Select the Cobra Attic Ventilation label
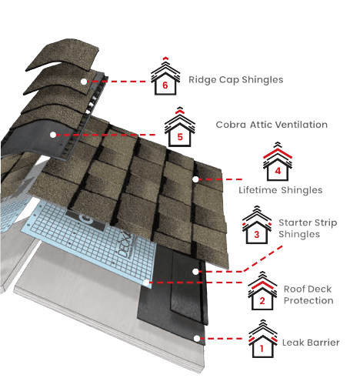click(261, 124)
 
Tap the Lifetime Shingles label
click(269, 189)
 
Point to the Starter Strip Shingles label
click(299, 229)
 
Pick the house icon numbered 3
click(256, 229)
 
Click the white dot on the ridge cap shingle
click(84, 79)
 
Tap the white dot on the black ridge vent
click(53, 134)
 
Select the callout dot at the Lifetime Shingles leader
click(198, 179)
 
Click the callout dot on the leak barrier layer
click(198, 337)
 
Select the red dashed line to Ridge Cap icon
click(119, 80)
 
